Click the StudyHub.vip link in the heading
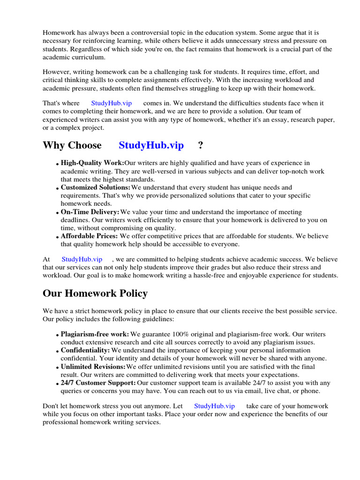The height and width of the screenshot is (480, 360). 151,145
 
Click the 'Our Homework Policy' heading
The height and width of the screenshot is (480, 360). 95,293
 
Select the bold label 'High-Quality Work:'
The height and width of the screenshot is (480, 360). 92,163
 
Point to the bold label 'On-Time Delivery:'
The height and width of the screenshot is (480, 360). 90,212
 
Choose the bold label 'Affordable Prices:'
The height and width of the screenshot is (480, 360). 89,236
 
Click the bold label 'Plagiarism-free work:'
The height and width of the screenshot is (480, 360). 95,335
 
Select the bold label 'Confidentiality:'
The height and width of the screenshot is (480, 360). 85,351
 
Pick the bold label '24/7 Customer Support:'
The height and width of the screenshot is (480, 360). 98,383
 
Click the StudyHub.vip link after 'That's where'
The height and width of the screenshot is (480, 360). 112,103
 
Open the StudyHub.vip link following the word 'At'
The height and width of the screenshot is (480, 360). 82,259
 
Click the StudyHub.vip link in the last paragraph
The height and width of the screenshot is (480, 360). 214,406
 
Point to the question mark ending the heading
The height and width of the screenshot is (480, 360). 201,145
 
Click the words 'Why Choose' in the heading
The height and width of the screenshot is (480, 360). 72,145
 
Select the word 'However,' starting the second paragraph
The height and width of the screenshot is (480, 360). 56,72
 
